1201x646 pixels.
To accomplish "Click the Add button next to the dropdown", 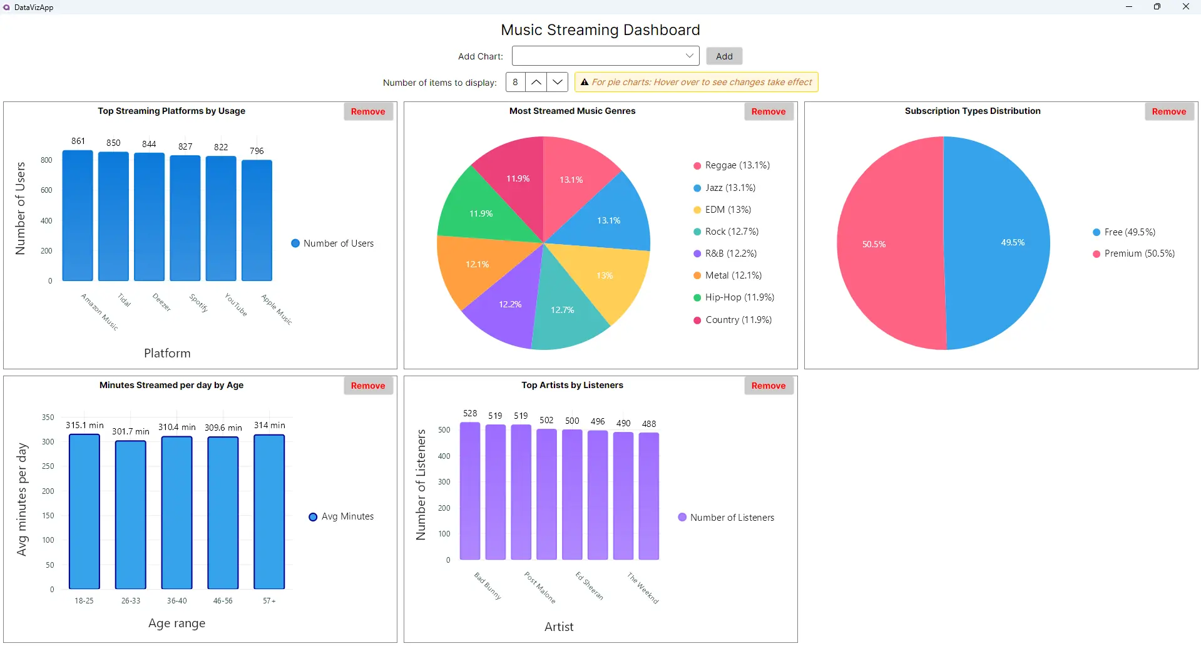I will point(724,56).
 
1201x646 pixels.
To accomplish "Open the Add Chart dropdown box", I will point(605,56).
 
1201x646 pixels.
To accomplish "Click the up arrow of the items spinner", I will point(536,82).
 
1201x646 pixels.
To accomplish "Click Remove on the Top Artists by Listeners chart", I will point(769,386).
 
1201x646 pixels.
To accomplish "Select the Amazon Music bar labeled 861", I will point(78,216).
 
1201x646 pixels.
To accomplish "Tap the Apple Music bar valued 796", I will point(257,220).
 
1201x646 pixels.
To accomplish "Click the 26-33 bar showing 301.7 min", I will point(131,515).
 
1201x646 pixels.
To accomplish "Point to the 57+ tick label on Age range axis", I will point(269,601).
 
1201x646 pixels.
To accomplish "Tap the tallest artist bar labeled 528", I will point(470,491).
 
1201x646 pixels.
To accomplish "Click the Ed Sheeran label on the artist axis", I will point(590,587).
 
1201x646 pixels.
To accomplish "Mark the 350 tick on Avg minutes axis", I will point(48,418).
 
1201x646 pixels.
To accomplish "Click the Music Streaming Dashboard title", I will point(600,30).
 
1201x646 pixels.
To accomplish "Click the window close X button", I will point(1185,7).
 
